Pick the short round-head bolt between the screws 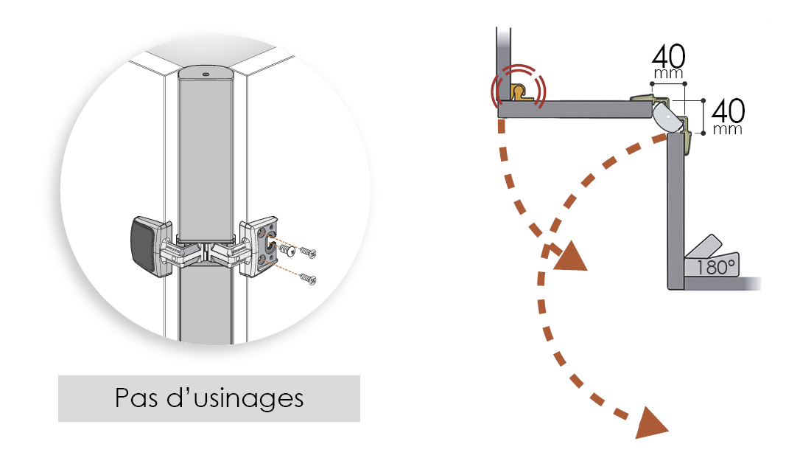pos(286,251)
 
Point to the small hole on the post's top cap pos(206,73)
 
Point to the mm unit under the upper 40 pos(669,74)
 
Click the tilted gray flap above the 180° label pos(703,247)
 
